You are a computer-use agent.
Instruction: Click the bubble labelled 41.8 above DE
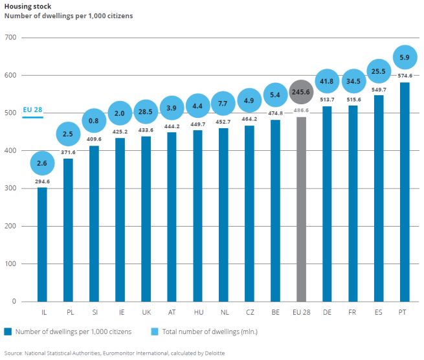[327, 82]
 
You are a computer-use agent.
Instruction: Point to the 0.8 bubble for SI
[94, 120]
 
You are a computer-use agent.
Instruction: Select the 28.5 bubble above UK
[146, 112]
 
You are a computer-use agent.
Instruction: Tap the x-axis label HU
[197, 312]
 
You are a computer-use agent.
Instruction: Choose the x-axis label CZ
[249, 312]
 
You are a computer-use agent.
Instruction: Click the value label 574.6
[405, 76]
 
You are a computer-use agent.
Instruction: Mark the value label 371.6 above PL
[68, 152]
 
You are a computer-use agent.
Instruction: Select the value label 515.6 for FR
[353, 99]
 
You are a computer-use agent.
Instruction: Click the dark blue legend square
[7, 332]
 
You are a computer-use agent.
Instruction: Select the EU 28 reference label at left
[32, 109]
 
